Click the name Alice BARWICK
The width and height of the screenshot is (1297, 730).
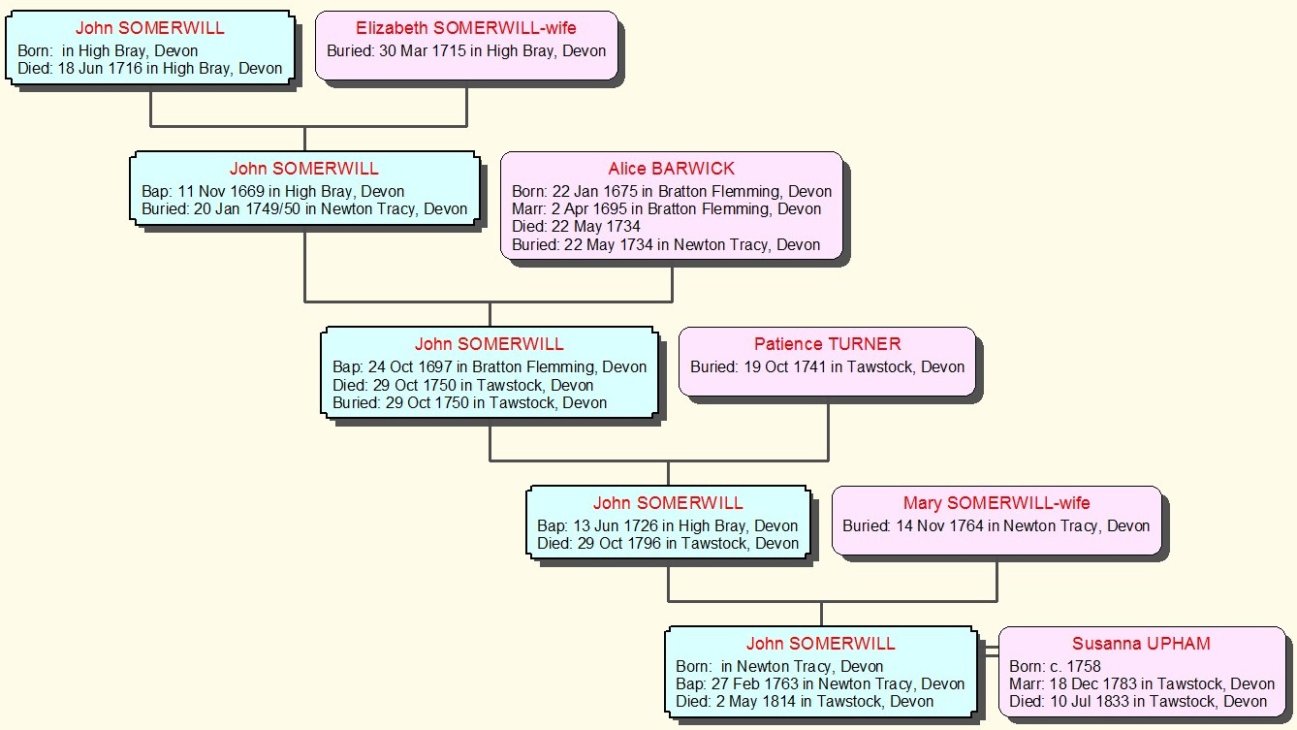coord(671,169)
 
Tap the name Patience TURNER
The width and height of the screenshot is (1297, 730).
coord(827,344)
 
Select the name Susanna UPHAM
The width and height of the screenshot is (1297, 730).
coord(1141,644)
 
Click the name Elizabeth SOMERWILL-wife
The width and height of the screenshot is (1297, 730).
coord(466,28)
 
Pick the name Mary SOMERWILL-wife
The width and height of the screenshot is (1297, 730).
coord(996,503)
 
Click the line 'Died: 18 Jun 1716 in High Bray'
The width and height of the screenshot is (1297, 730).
coord(150,69)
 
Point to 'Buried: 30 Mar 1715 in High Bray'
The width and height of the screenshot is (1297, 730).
coord(466,50)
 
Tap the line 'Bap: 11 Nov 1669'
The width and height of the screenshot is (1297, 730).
coord(273,191)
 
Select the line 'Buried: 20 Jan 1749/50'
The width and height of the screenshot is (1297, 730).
coord(304,208)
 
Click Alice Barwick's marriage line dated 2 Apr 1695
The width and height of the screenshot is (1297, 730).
coord(666,209)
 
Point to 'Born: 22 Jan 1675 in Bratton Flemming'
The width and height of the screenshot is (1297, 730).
coord(672,191)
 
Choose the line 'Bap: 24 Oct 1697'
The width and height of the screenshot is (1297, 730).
coord(490,367)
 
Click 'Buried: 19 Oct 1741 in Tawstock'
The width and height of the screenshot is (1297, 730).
coord(827,367)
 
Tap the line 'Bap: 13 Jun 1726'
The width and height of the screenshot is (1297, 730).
coord(667,525)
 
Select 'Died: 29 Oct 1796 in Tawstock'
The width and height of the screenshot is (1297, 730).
coord(667,543)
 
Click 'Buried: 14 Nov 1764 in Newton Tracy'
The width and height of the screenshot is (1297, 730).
coord(996,525)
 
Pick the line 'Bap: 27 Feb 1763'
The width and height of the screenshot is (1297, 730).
coord(820,684)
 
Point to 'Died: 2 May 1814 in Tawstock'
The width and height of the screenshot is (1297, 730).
coord(805,702)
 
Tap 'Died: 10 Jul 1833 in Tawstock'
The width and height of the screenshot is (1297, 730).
coord(1138,702)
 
